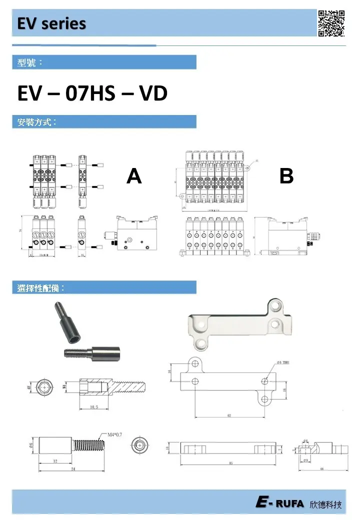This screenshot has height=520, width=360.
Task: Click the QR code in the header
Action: [331, 23]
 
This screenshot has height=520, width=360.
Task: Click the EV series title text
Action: [51, 24]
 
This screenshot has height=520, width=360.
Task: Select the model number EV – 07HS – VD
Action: [92, 93]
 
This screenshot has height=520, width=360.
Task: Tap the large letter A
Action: [134, 176]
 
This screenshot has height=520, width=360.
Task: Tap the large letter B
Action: [286, 176]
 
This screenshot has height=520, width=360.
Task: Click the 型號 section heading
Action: [30, 62]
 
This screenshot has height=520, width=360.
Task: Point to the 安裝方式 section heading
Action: [36, 122]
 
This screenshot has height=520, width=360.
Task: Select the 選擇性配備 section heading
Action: [41, 288]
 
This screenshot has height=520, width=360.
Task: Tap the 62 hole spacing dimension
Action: [229, 415]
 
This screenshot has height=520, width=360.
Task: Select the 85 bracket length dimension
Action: [230, 463]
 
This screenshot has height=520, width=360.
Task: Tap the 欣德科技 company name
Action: [326, 504]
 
